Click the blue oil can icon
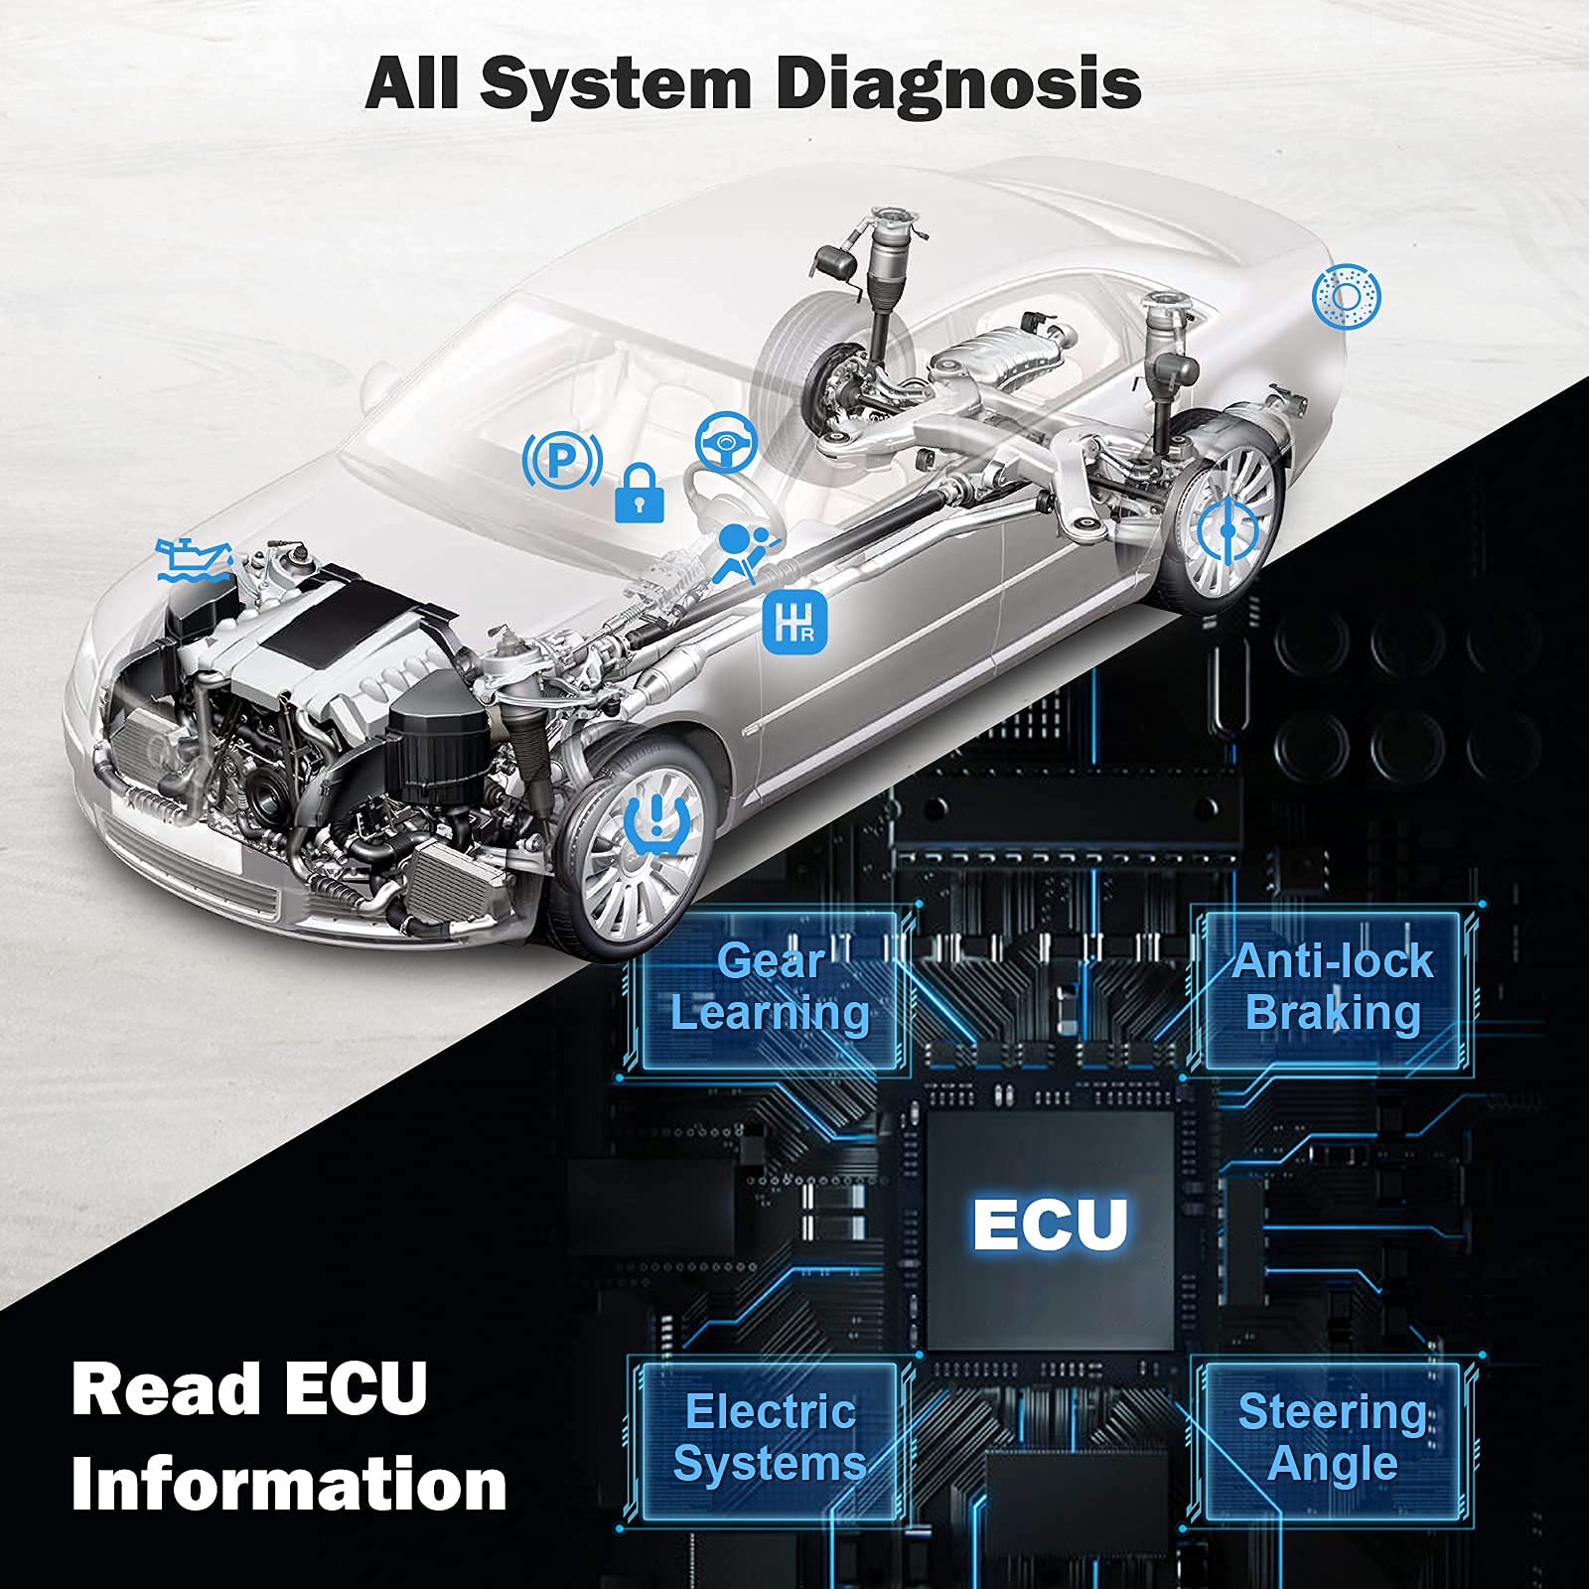click(192, 561)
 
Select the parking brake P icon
click(562, 458)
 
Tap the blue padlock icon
click(640, 494)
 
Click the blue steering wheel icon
click(726, 440)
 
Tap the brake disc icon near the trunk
click(1346, 296)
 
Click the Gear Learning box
click(770, 988)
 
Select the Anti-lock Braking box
click(1333, 988)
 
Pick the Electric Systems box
click(770, 1438)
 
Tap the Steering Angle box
click(1333, 1438)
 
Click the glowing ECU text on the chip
click(1050, 1224)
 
